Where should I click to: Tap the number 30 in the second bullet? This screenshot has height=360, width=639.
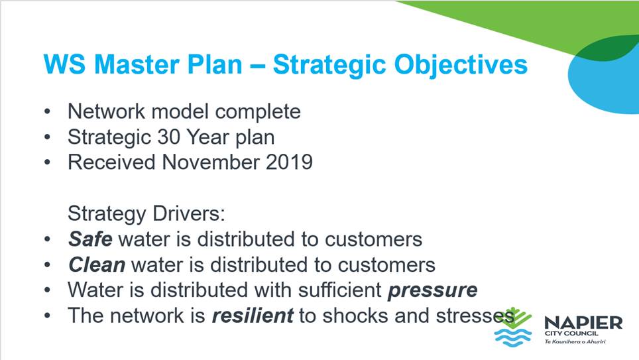(170, 137)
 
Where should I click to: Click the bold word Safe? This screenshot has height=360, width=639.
(90, 239)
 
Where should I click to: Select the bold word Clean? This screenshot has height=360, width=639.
(97, 265)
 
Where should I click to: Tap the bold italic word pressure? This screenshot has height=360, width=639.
(432, 290)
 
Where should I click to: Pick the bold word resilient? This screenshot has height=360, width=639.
(253, 316)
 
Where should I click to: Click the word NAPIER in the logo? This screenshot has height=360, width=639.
(583, 324)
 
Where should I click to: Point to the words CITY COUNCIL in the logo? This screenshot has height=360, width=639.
(571, 333)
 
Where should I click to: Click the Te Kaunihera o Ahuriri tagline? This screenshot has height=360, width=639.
(575, 341)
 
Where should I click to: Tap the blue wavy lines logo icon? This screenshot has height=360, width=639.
(512, 337)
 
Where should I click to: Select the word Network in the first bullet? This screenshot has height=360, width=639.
(106, 111)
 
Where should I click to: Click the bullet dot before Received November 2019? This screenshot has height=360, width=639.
(47, 162)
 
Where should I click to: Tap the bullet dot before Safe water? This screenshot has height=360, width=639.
(47, 239)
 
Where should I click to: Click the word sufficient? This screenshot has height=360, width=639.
(339, 290)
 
